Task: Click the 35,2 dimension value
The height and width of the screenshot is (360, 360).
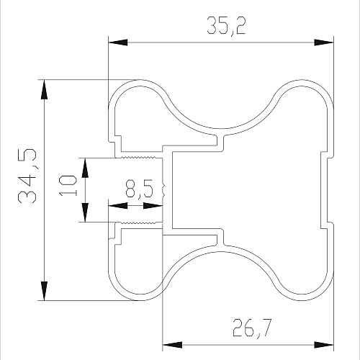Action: (226, 26)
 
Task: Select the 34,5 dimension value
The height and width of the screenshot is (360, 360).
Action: (27, 176)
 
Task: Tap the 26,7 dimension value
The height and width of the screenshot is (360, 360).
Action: (252, 328)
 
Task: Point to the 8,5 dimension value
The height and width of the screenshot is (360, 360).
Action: (139, 189)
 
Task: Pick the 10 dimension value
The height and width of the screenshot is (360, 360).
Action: (68, 186)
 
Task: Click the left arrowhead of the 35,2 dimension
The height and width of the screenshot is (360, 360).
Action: (117, 42)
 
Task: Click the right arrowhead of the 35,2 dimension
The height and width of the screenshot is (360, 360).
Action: (324, 42)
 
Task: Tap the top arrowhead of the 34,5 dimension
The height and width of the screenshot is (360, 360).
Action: (45, 89)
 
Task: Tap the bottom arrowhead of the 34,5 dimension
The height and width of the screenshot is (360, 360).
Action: (45, 291)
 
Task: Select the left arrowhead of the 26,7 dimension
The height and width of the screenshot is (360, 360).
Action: (172, 345)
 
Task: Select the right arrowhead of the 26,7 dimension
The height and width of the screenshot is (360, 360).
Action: (324, 345)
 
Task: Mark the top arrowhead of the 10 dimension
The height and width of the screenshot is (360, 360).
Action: (85, 168)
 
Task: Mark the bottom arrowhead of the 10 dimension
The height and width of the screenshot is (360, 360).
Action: (85, 212)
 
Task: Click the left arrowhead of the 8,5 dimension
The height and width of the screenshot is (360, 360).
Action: (118, 206)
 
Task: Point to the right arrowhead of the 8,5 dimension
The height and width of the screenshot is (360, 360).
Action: (153, 206)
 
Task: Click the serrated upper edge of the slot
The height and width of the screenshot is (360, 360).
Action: (138, 158)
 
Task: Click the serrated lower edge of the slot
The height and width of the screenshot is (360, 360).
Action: (138, 222)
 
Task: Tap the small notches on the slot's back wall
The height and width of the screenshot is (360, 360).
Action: (164, 190)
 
